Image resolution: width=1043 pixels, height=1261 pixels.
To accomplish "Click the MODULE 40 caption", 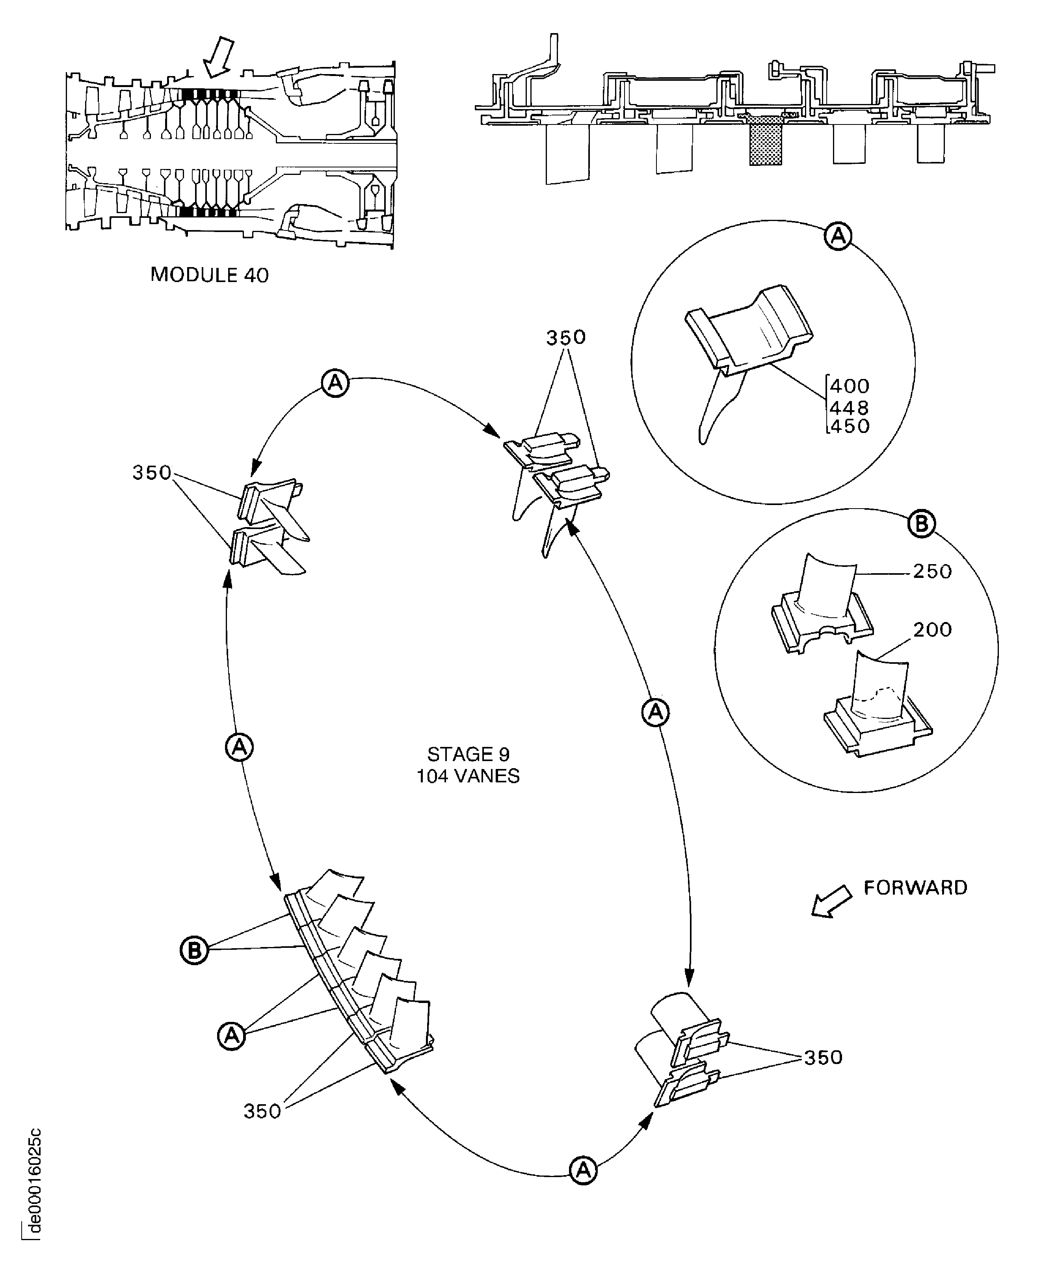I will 209,275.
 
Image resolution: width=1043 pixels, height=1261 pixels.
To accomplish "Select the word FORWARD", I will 915,888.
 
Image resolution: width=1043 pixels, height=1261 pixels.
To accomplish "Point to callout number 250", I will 933,571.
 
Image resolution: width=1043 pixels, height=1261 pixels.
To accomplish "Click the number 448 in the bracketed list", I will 849,408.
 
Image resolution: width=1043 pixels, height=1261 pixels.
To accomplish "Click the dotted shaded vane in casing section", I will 766,141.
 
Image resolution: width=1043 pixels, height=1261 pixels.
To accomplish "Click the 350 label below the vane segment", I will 262,1111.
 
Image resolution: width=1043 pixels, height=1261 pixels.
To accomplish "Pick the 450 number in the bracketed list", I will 849,426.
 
